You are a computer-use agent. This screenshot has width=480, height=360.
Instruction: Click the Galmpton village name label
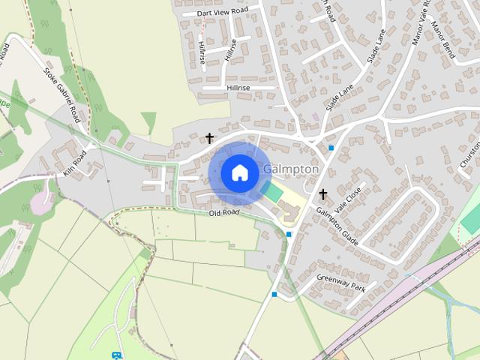292,169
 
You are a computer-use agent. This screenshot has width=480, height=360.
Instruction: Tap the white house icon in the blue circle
239,172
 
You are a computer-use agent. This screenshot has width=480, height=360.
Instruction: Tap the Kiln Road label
75,162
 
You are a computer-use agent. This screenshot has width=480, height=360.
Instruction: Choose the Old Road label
224,213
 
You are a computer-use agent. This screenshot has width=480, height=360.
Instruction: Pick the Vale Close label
349,199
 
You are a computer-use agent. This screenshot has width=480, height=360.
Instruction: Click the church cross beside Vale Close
323,194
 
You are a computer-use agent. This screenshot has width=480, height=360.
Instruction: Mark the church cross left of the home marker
209,139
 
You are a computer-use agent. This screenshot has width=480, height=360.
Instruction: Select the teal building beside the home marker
273,192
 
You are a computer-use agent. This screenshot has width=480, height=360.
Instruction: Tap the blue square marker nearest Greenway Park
274,295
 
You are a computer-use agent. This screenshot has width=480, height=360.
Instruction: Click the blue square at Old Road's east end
289,235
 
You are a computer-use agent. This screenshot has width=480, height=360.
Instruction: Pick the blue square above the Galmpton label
331,148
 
